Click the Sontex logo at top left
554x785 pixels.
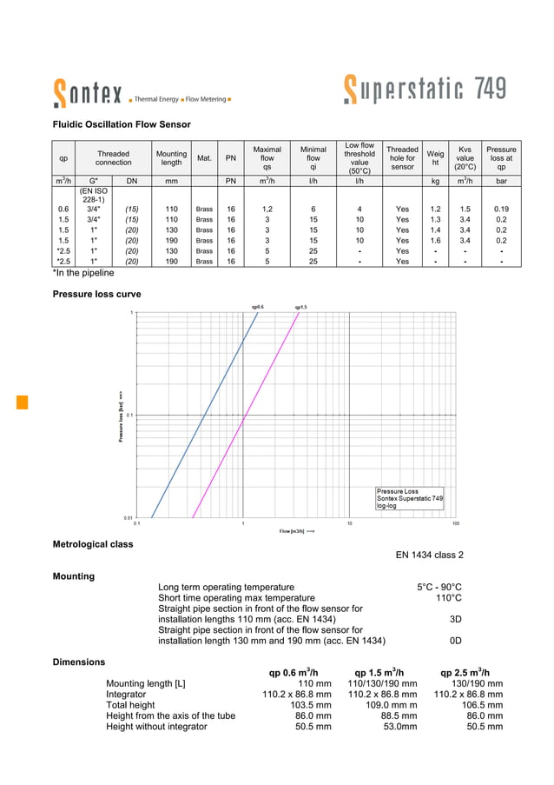(87, 92)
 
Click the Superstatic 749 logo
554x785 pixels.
(425, 90)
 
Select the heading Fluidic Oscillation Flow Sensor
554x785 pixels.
(122, 125)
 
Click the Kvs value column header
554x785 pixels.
(465, 157)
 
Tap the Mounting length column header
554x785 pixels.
(171, 157)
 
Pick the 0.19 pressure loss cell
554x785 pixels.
(501, 210)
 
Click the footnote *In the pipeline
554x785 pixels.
(83, 273)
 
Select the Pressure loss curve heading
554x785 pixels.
(97, 295)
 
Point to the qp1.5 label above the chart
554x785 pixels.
(300, 307)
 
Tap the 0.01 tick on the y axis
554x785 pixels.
(129, 517)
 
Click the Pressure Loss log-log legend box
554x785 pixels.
(409, 498)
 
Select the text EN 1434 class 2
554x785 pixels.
(429, 555)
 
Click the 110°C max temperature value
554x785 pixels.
(448, 598)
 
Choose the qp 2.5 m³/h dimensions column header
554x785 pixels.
(465, 672)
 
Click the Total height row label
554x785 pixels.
(130, 705)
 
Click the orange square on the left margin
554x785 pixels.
(23, 401)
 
